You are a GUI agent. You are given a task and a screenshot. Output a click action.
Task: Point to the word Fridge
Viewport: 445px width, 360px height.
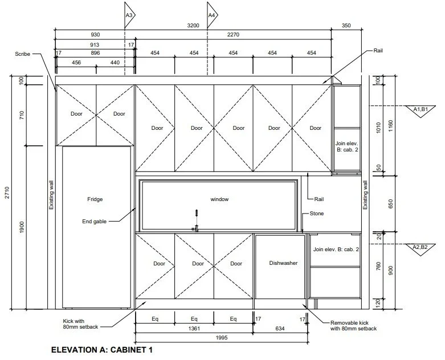(95, 199)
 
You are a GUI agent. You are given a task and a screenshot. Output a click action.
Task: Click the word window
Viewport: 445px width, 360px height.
(219, 199)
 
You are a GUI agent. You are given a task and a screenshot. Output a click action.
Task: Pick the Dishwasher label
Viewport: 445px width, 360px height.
(283, 263)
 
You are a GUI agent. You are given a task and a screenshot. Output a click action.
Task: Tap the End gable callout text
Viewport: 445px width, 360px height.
(94, 220)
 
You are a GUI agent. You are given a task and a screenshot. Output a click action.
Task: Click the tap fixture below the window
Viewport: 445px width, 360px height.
(195, 219)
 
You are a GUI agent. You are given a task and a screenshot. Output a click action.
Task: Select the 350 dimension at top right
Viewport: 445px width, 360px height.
(346, 26)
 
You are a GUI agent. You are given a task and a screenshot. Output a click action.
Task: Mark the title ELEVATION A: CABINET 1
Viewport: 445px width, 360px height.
(102, 349)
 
